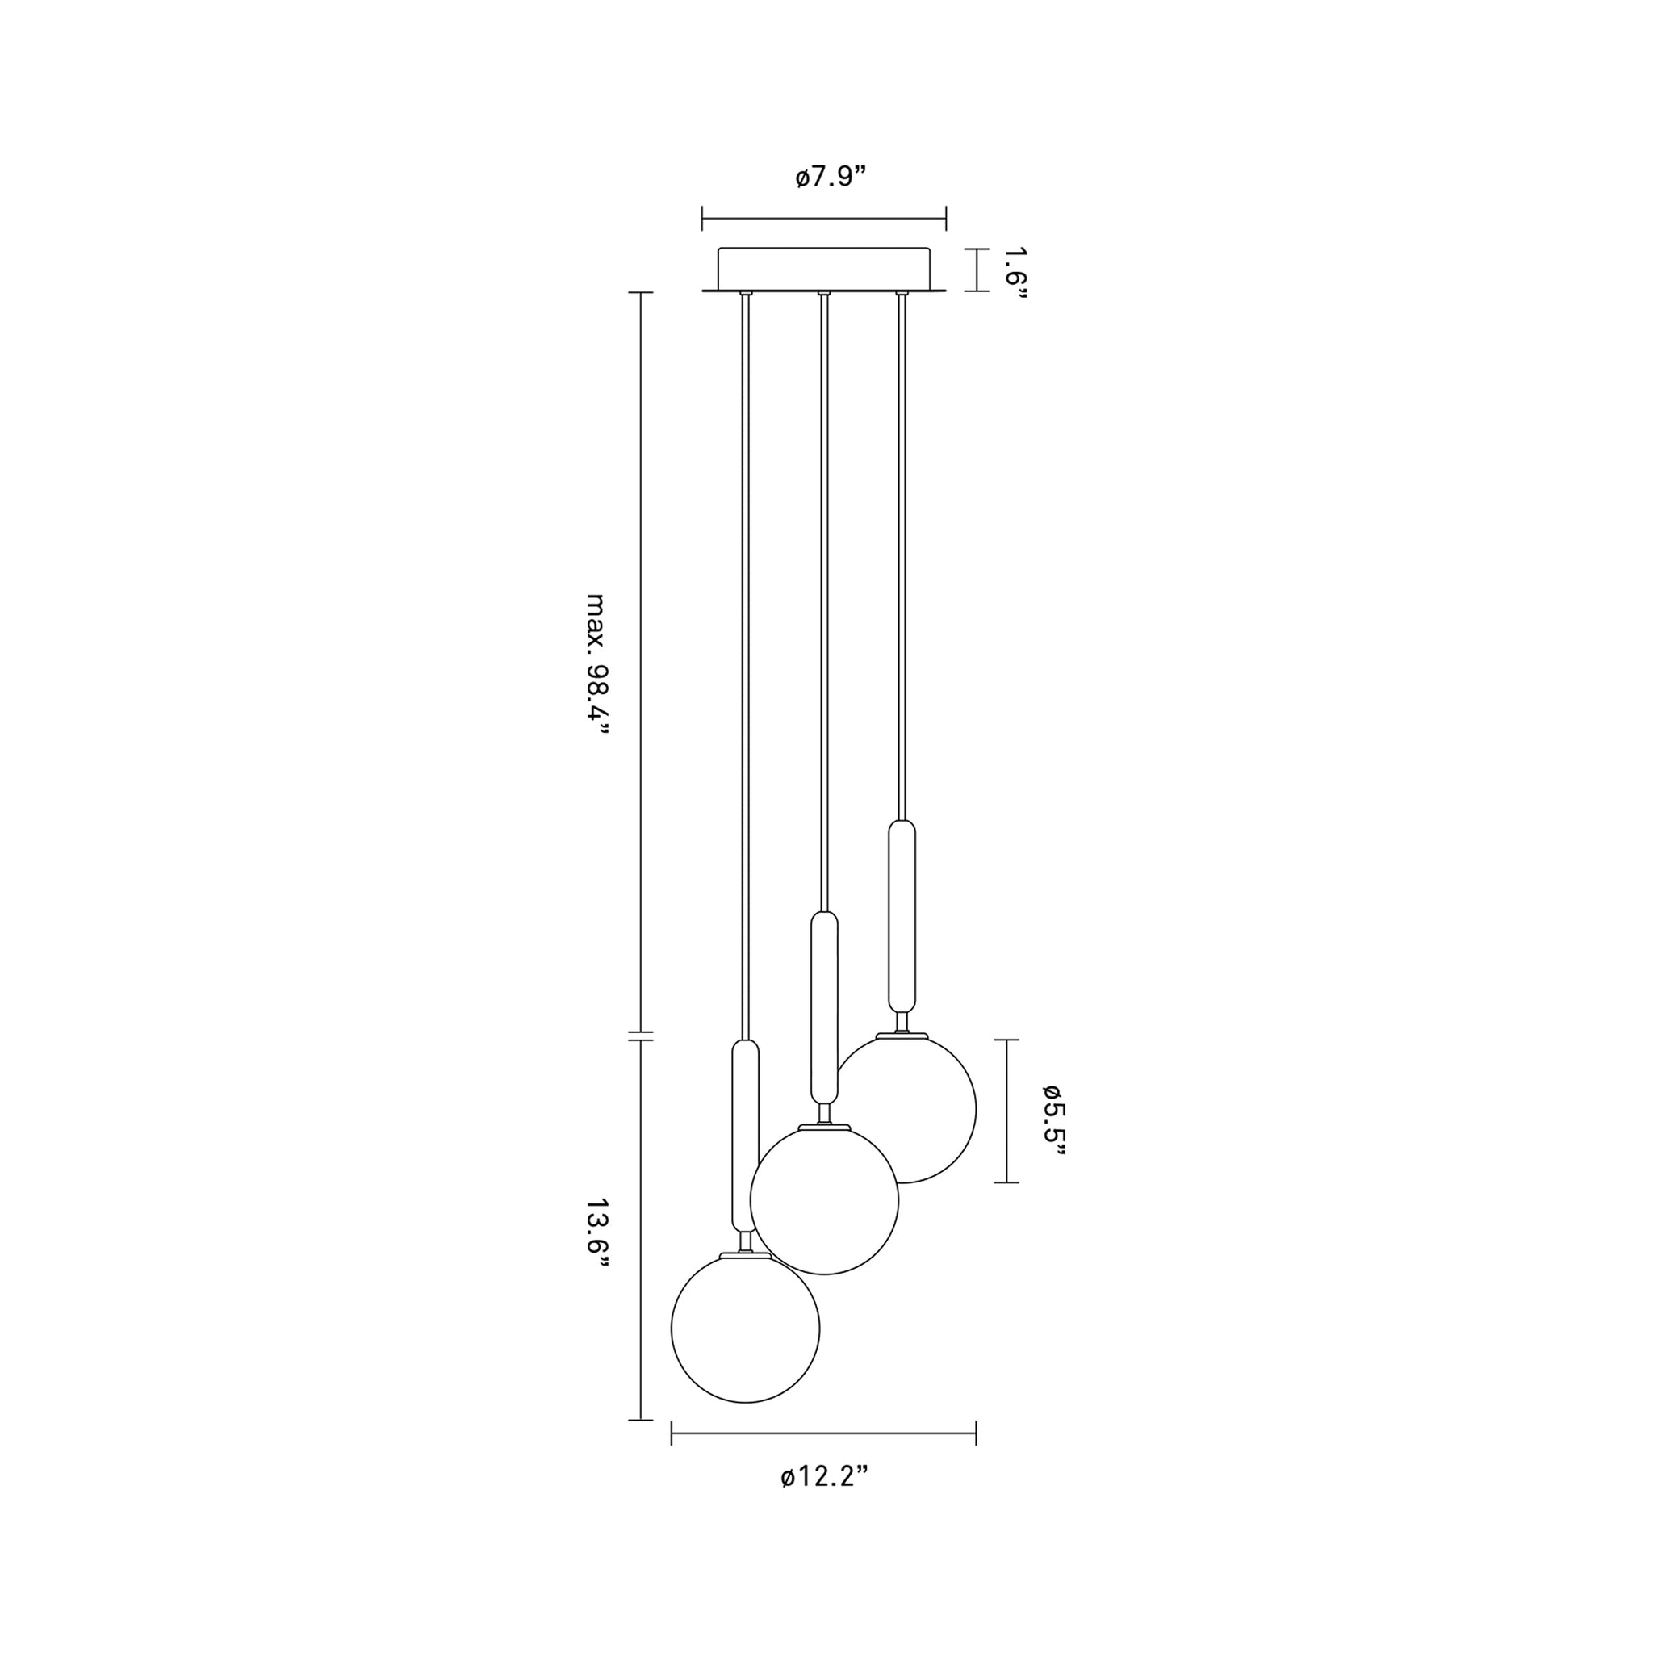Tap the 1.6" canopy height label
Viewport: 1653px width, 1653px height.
click(x=1015, y=275)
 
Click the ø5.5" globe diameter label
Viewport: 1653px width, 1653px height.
click(x=1053, y=1120)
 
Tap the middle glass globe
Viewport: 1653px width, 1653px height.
click(x=825, y=1199)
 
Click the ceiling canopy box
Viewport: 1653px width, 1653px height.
click(x=824, y=270)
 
